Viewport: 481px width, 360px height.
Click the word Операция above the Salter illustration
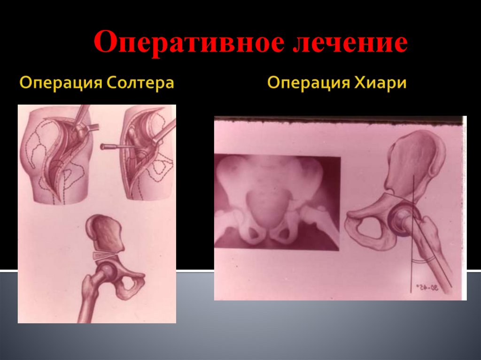[61, 84]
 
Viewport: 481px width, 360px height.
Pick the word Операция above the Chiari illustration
[307, 84]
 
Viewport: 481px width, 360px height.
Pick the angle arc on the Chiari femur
[423, 260]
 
